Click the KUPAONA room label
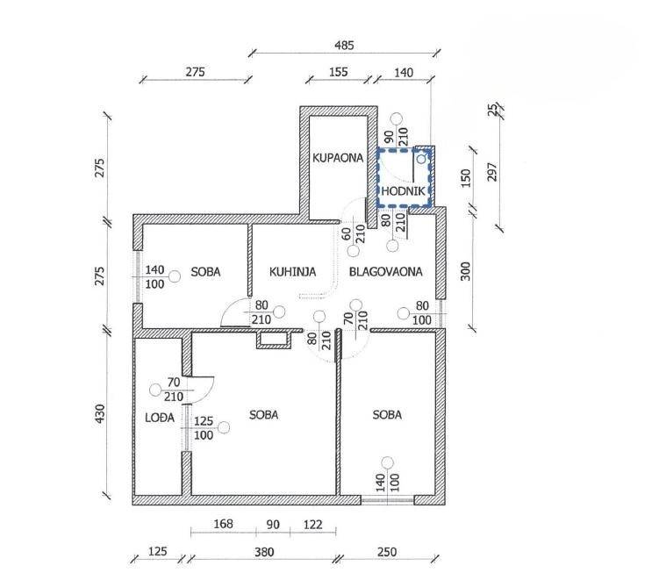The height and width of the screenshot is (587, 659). pos(338,158)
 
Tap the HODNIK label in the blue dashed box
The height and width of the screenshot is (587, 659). pos(404,191)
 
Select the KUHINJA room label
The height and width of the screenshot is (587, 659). pos(292,272)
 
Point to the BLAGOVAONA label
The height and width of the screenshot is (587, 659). pos(386,272)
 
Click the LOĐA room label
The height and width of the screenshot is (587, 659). pos(160,418)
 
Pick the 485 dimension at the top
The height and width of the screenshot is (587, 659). pos(344,45)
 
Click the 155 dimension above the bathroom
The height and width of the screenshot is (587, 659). pos(339,72)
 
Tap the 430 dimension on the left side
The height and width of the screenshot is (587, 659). pos(100,414)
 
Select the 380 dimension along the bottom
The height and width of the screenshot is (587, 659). pos(264,552)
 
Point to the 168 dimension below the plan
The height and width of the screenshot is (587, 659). pos(223,524)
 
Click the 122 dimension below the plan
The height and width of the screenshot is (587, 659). pos(313,525)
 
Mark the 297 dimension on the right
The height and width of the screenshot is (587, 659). pos(491,172)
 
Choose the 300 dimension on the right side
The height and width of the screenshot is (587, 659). pos(466,271)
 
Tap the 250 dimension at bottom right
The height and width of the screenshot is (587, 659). pos(387,552)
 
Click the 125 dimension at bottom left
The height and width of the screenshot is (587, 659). pos(158,551)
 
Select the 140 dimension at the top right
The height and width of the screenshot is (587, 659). pos(404,73)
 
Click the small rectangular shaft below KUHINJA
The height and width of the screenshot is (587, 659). pos(275,340)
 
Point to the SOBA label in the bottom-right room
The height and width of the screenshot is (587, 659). pos(387,415)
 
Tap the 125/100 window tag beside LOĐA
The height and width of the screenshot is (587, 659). pos(204,428)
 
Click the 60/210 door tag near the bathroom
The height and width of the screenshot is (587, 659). pos(354,234)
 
